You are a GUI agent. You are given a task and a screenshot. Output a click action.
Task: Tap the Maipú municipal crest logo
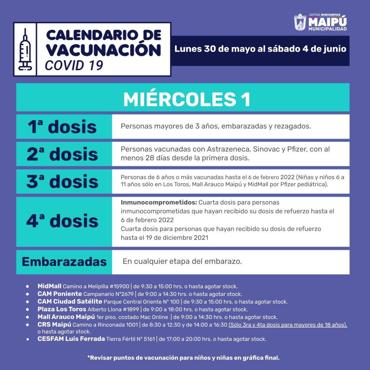click(300, 22)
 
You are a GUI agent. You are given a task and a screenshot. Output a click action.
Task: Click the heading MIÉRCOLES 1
click(187, 100)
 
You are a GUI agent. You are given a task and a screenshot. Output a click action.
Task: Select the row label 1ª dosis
click(62, 127)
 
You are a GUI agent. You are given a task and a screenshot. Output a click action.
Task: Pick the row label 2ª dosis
click(62, 154)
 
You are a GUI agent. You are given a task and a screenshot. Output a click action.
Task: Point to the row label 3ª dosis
click(62, 182)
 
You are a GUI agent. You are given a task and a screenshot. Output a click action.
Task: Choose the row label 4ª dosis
click(62, 221)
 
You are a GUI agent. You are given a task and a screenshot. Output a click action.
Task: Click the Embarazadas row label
click(64, 262)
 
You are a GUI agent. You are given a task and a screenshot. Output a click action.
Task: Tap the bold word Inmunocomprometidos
click(159, 202)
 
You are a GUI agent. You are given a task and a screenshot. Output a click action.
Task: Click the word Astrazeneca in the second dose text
click(227, 149)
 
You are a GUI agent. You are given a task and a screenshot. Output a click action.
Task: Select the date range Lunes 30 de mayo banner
click(260, 49)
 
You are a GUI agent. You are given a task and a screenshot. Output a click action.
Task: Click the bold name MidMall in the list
click(49, 286)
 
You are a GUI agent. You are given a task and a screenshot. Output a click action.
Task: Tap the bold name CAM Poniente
click(60, 294)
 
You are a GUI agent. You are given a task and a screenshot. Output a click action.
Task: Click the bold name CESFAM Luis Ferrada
click(71, 339)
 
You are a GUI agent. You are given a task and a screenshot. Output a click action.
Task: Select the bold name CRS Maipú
click(54, 324)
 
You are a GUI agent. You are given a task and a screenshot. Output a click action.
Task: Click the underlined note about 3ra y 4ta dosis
click(288, 325)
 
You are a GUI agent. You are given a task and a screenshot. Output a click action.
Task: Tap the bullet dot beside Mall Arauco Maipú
click(27, 317)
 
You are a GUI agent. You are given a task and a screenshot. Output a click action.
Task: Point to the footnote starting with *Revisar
click(183, 358)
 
